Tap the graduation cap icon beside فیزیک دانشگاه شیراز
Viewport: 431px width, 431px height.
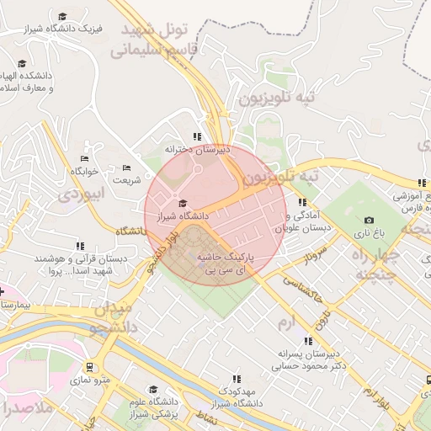[63, 16]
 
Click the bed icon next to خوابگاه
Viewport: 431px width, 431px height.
[84, 158]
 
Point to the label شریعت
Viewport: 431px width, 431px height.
[127, 179]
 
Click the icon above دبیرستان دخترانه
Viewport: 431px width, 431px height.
[197, 136]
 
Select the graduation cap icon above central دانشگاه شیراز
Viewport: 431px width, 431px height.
[184, 203]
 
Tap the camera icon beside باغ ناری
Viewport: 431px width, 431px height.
[370, 220]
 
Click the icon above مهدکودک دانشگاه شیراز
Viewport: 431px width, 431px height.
[237, 379]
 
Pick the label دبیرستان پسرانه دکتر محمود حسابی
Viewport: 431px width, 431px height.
[309, 360]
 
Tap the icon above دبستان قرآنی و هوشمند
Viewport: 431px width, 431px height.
[80, 247]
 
